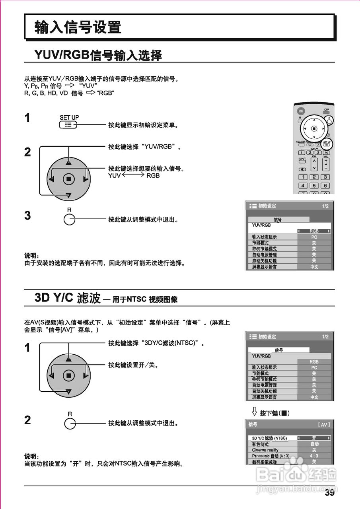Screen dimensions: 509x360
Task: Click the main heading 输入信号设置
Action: coord(78,27)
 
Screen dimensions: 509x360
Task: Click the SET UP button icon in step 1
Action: coord(68,125)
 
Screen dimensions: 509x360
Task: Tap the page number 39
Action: coord(329,493)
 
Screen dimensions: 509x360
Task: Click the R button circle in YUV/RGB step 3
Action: coord(69,220)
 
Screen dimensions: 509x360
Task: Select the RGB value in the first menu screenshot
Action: coord(314,231)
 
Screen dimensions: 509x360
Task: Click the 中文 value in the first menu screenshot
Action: coord(314,267)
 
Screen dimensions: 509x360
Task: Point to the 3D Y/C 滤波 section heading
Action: coord(68,298)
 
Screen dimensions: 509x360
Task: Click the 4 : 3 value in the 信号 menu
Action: coord(314,456)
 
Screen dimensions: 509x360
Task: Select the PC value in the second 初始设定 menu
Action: coord(314,368)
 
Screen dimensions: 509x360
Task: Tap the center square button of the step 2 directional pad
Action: coord(68,179)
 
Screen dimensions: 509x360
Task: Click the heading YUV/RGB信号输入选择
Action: coord(98,55)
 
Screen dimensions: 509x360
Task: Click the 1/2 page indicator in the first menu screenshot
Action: coord(325,206)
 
